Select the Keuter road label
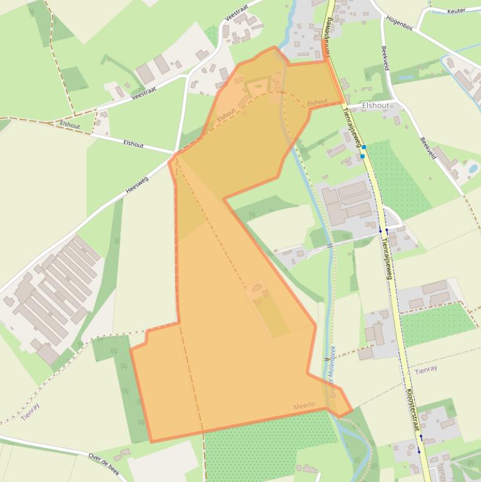pos(456,11)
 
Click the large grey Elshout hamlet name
pos(375,106)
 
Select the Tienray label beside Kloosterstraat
pos(426,370)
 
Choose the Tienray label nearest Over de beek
pos(30,411)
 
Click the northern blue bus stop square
pos(363,147)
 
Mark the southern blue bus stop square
pos(362,156)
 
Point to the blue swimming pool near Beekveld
pos(472,168)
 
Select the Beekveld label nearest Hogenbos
pos(383,58)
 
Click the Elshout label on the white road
pos(133,144)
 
